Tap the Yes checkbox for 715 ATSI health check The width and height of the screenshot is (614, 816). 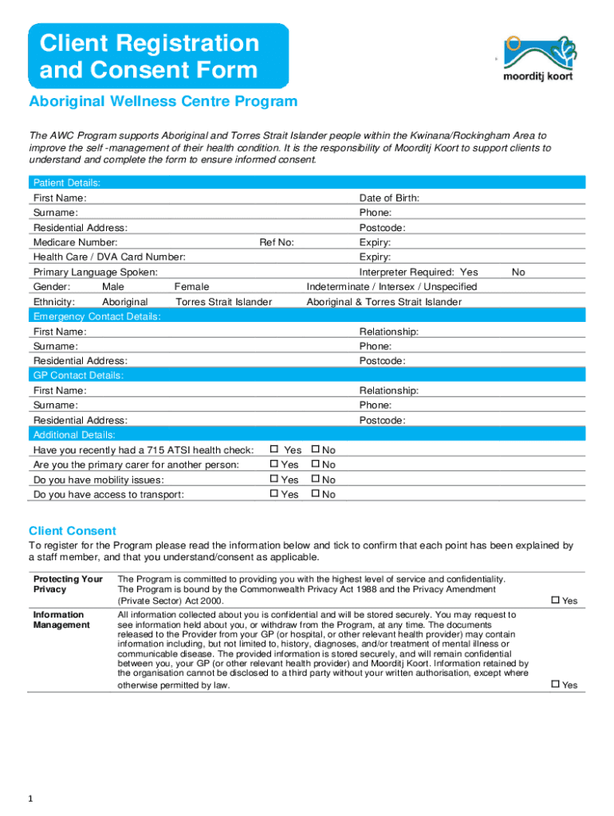274,449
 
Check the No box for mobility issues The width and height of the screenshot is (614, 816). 315,480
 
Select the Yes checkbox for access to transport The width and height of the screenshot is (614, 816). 274,494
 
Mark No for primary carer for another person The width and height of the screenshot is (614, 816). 315,465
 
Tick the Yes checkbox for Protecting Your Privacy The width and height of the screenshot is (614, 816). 556,600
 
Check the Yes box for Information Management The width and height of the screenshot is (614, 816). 556,685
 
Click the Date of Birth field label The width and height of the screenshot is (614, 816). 389,198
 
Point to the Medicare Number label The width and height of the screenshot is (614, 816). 75,242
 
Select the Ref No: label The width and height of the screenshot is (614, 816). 276,242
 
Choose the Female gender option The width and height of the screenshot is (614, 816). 191,287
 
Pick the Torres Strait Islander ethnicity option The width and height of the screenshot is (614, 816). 223,302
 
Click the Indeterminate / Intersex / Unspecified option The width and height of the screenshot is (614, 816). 392,287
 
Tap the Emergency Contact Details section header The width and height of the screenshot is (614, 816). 96,317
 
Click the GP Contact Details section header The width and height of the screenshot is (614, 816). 78,375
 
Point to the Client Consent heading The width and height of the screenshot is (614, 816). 73,531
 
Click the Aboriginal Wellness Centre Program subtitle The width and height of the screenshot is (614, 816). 163,102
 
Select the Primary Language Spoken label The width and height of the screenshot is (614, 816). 95,273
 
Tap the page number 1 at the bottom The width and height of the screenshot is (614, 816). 30,799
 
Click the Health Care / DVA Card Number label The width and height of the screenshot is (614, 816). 109,257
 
